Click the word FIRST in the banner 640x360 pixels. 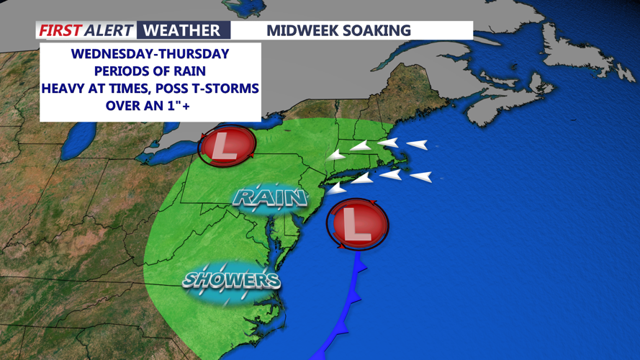60,30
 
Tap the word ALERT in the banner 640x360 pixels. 109,30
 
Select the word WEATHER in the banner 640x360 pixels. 181,30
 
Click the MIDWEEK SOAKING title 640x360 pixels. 338,30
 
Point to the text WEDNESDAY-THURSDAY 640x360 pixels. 150,54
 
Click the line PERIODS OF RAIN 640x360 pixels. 150,71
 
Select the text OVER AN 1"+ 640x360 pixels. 150,106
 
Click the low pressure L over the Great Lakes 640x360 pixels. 226,145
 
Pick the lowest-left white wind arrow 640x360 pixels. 335,189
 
